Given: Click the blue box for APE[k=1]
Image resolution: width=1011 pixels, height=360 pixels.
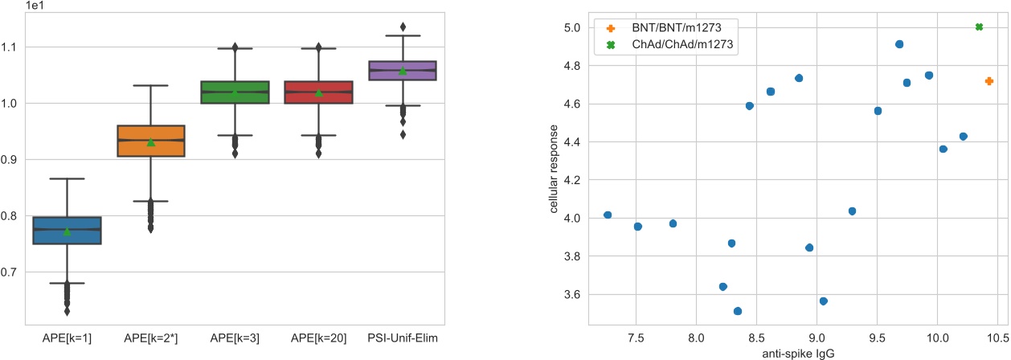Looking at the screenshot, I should [x=67, y=230].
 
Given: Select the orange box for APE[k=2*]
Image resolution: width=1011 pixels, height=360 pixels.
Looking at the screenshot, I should [x=151, y=141].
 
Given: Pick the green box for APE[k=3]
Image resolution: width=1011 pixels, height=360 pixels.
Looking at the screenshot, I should [x=235, y=92].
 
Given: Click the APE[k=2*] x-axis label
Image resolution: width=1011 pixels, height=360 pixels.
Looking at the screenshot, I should [x=151, y=338].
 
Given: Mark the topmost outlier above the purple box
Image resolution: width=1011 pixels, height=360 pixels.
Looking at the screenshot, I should [x=403, y=27].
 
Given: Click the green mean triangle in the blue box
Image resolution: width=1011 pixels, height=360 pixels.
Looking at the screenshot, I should [x=67, y=231].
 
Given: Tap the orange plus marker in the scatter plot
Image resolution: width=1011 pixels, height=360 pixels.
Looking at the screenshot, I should [x=988, y=81].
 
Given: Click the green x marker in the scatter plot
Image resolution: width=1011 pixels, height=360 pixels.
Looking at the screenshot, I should [x=979, y=27].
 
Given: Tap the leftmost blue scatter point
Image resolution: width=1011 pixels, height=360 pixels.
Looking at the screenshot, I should [x=608, y=215].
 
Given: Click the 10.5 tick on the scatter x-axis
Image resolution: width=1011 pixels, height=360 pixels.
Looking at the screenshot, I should [x=997, y=338].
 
